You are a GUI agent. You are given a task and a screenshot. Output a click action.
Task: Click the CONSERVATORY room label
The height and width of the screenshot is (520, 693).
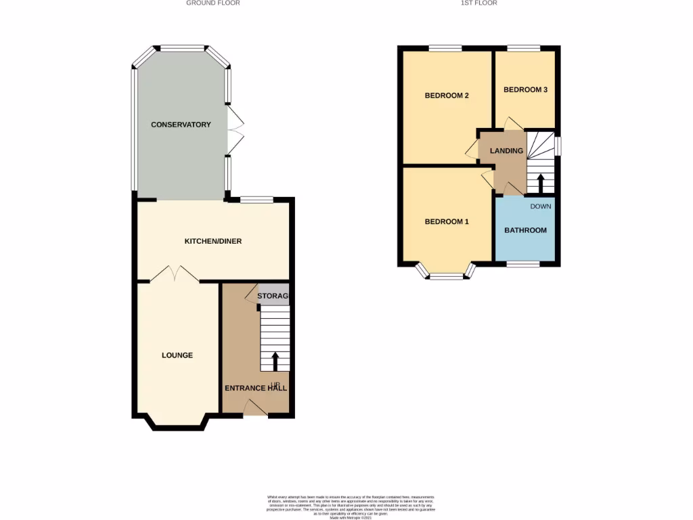click(181, 125)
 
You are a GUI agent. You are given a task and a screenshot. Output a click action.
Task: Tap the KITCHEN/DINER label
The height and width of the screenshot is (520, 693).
click(213, 241)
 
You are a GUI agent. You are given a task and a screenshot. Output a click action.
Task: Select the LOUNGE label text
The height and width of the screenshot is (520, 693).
click(177, 355)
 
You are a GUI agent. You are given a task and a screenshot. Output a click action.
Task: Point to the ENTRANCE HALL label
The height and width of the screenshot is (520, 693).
click(256, 389)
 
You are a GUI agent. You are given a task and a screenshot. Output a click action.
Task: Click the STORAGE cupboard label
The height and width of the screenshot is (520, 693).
click(273, 297)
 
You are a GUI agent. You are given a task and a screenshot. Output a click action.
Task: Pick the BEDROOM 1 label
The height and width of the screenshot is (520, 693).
click(447, 222)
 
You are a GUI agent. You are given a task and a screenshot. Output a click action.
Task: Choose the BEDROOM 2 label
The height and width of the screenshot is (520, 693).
click(447, 95)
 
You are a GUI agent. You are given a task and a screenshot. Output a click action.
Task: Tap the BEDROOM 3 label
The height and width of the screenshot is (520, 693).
click(525, 90)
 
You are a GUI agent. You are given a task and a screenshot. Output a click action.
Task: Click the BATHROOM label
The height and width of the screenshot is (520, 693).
click(525, 231)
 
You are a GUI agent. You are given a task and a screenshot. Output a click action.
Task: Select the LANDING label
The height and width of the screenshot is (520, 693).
click(506, 151)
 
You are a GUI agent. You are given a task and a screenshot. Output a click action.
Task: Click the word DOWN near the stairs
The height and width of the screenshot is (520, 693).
click(541, 207)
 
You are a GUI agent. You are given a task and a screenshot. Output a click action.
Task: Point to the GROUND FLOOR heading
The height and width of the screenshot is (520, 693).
click(213, 3)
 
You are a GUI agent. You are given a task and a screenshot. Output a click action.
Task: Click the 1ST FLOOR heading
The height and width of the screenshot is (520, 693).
click(479, 3)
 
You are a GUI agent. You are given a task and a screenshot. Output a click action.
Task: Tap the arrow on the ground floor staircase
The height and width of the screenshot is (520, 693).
click(275, 360)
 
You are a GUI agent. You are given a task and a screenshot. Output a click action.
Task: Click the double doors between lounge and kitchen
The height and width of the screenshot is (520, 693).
click(175, 274)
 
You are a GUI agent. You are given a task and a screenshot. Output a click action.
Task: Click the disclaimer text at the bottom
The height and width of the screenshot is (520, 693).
click(349, 506)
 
